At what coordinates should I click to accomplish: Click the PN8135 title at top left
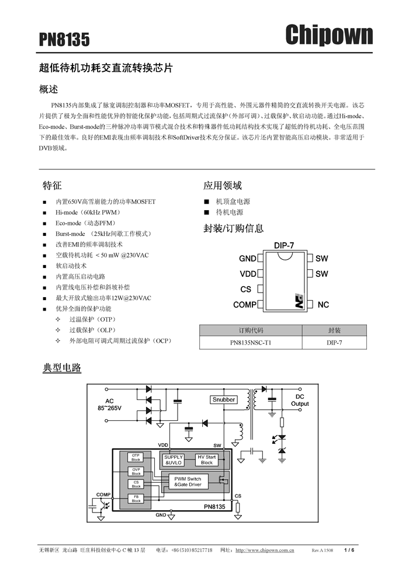(x=65, y=39)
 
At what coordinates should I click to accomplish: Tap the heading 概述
(x=48, y=89)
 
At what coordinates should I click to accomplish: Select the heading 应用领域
(x=223, y=186)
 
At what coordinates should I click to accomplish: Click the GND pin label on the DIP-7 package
(x=248, y=259)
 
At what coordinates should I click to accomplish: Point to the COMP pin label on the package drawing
(x=245, y=305)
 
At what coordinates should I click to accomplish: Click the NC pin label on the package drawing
(x=323, y=305)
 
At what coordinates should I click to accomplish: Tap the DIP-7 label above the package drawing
(x=284, y=246)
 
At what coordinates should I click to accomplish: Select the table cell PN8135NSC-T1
(x=251, y=343)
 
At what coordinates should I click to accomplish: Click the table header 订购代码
(x=251, y=330)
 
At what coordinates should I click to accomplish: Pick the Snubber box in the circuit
(x=224, y=400)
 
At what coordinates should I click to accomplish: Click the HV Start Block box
(x=207, y=460)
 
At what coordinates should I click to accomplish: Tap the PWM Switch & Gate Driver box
(x=188, y=482)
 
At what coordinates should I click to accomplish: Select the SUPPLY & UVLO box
(x=174, y=460)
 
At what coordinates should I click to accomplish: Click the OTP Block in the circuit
(x=136, y=457)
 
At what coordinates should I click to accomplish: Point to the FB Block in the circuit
(x=136, y=498)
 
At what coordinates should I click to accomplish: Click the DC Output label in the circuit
(x=300, y=400)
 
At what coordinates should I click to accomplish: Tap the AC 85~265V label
(x=109, y=405)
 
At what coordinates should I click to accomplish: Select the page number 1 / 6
(x=349, y=550)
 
